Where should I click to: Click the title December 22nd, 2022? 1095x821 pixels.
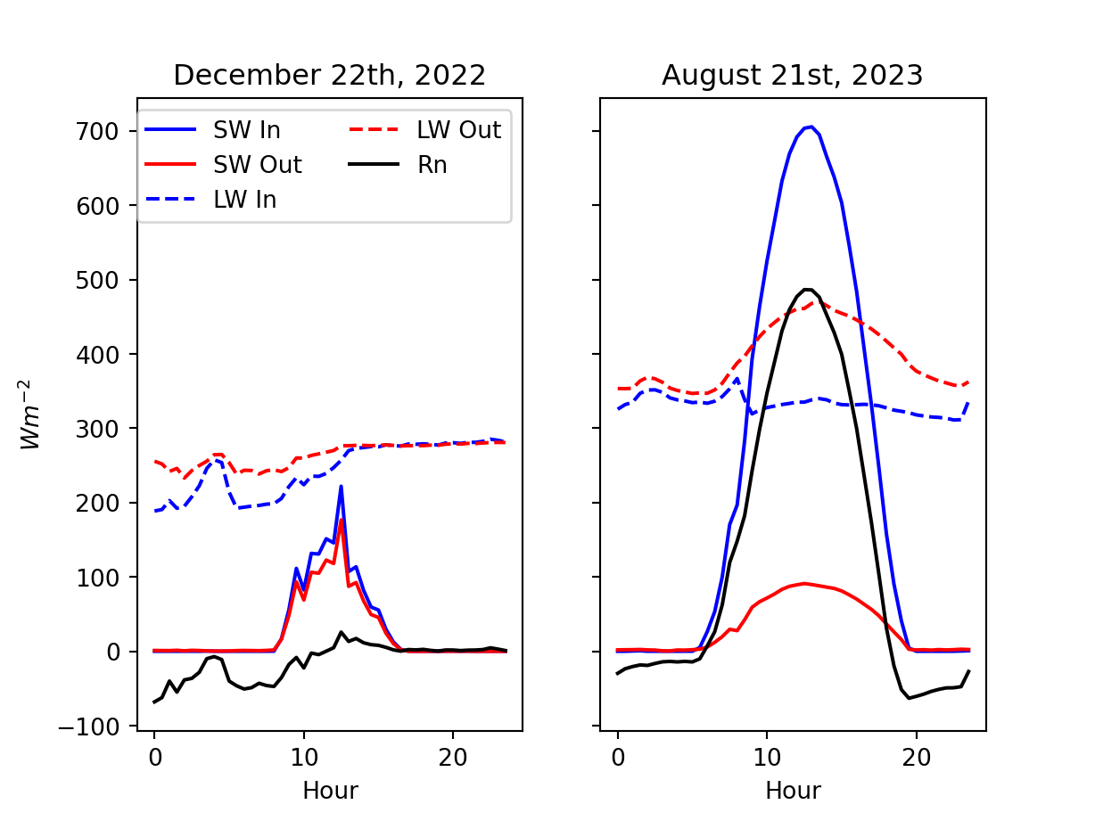tap(329, 75)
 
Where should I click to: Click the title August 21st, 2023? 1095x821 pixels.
tap(792, 75)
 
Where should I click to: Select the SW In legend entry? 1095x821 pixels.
tap(246, 130)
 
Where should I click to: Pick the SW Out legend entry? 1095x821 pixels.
tap(257, 165)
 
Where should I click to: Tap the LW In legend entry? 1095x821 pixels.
tap(244, 200)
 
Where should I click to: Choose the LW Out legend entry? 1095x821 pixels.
tap(458, 130)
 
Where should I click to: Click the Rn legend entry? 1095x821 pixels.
tap(432, 165)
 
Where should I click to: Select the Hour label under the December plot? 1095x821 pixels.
tap(330, 790)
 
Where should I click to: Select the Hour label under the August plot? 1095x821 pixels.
tap(793, 790)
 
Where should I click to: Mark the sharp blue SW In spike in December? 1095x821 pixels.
tap(341, 487)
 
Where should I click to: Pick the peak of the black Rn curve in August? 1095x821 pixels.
tap(807, 290)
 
